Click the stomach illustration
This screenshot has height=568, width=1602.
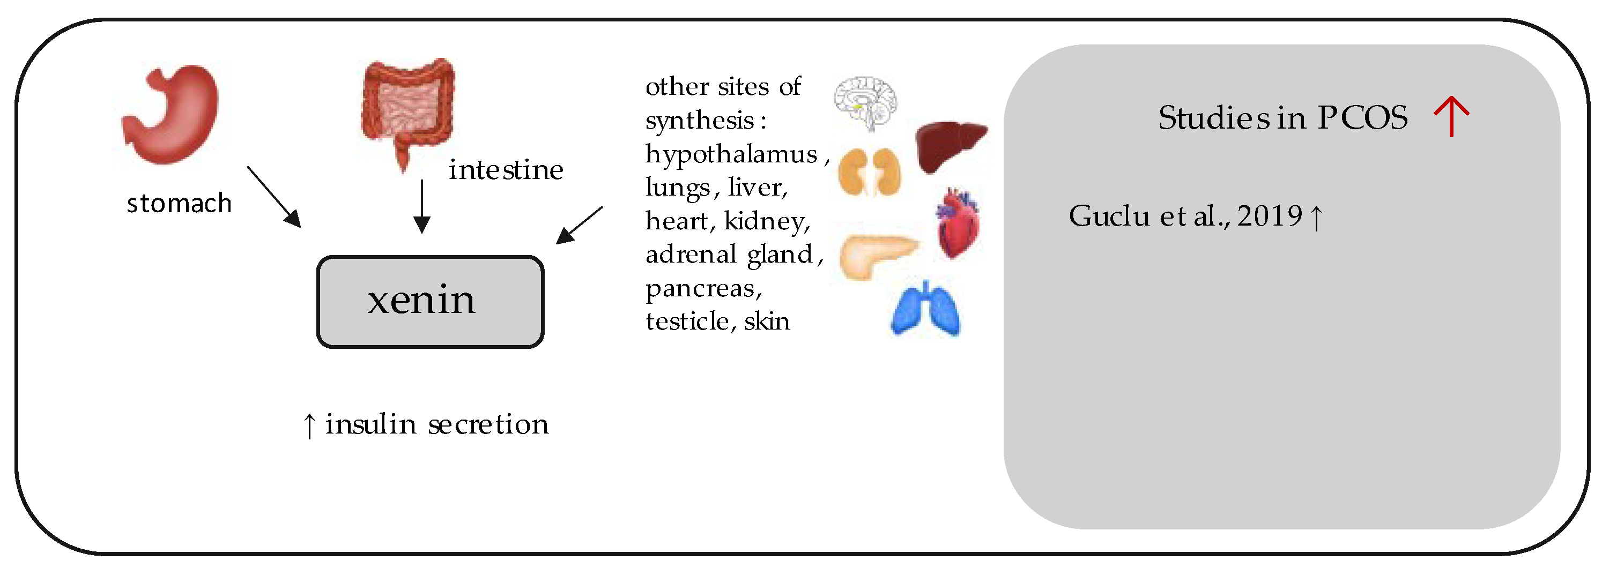click(x=171, y=115)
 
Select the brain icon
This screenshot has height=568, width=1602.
click(x=866, y=102)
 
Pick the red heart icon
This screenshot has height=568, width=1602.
click(x=958, y=224)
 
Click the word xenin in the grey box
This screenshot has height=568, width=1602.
click(x=421, y=300)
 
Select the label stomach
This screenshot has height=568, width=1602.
click(x=179, y=204)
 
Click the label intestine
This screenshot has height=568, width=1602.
click(x=506, y=170)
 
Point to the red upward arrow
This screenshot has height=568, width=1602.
click(x=1451, y=116)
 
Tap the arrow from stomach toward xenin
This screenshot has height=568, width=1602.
click(x=273, y=196)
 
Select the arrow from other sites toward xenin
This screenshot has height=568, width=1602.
click(x=580, y=225)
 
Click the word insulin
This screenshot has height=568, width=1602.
click(x=370, y=424)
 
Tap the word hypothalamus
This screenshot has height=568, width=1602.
click(x=731, y=154)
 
